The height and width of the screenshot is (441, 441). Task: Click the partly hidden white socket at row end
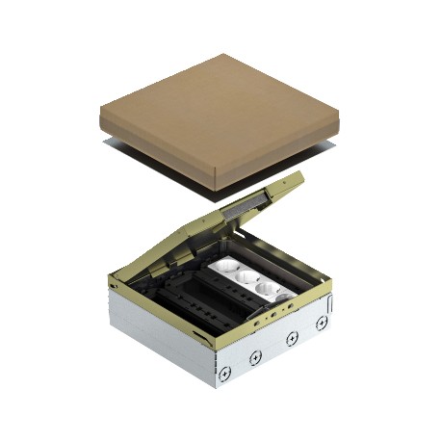point(289,298)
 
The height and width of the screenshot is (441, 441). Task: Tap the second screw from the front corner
point(255,356)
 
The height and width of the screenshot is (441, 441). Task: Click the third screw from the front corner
point(290,339)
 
